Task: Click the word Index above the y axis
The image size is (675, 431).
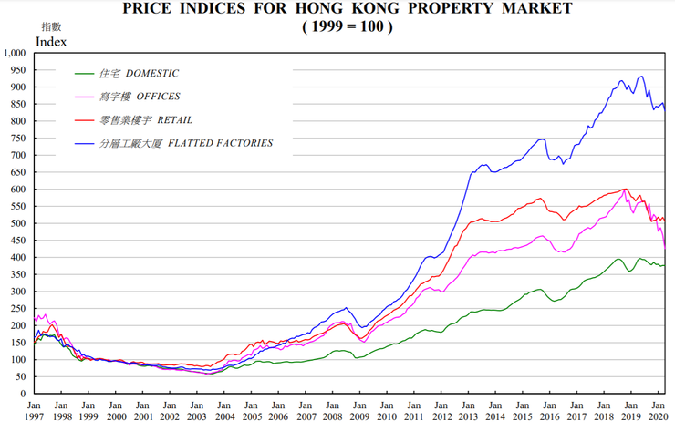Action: pyautogui.click(x=51, y=41)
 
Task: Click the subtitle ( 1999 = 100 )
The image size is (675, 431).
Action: pyautogui.click(x=347, y=26)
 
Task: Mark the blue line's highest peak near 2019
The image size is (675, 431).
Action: pyautogui.click(x=641, y=77)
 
